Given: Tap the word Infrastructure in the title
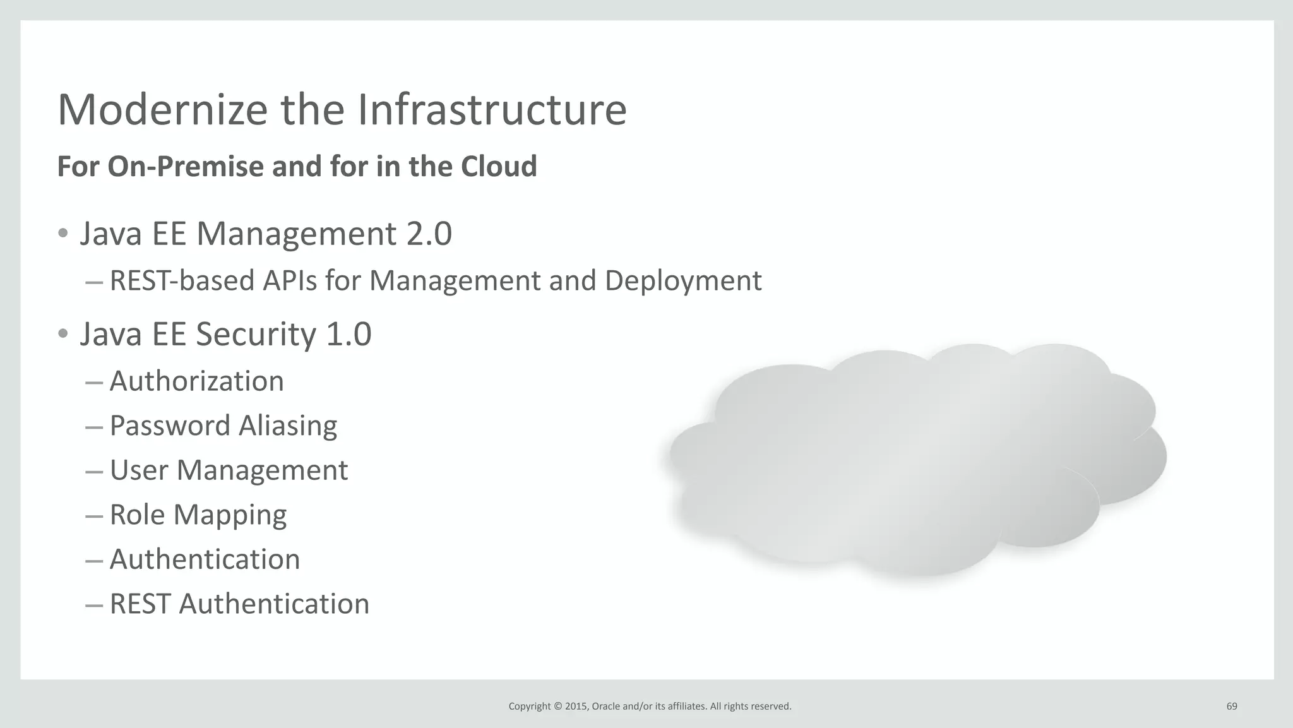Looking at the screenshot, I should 492,110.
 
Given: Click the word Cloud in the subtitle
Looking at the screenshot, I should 499,167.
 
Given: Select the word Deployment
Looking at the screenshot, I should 683,282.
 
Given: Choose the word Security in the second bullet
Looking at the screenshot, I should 255,335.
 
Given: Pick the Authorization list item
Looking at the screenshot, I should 196,381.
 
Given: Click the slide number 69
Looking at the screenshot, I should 1232,707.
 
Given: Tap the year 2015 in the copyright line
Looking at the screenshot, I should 576,707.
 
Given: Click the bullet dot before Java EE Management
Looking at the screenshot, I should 63,234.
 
